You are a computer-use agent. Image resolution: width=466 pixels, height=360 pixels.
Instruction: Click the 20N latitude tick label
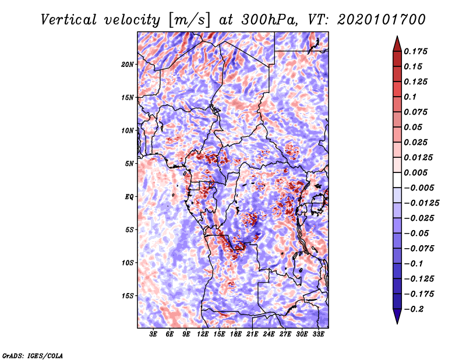(128, 65)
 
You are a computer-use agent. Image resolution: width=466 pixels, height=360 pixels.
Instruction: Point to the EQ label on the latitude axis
(129, 197)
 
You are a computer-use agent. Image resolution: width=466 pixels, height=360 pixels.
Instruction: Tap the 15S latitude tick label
(128, 296)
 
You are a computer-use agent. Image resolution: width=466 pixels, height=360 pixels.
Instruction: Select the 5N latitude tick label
(129, 164)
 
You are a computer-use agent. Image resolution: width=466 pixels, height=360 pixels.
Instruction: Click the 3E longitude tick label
(153, 334)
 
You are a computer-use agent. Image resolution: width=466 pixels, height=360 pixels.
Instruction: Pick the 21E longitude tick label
(252, 334)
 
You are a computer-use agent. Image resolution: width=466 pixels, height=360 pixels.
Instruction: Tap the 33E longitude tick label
(318, 334)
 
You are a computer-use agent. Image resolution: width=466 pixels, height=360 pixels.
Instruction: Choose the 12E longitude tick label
(203, 334)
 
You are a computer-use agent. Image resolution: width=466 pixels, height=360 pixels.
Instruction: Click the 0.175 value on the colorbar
(415, 51)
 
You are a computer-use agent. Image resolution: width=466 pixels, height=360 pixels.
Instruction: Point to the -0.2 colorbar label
(414, 309)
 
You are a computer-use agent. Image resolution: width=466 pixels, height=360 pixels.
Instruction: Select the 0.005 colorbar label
(415, 172)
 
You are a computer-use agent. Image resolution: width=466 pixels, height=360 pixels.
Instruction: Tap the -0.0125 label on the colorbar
(421, 203)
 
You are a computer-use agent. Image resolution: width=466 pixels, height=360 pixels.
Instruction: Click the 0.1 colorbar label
(410, 97)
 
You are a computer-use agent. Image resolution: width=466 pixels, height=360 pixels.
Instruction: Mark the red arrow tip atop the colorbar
(397, 37)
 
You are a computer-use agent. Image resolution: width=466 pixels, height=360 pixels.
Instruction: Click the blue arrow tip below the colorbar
(397, 323)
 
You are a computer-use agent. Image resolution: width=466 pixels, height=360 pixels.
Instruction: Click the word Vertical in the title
(69, 20)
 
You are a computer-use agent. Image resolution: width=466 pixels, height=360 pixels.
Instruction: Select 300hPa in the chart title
(269, 20)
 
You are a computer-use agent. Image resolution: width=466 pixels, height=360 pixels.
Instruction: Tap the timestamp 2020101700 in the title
(382, 20)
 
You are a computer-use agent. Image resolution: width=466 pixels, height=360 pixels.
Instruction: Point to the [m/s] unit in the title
(189, 20)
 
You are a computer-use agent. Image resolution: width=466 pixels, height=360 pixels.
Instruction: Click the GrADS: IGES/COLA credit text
(33, 355)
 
